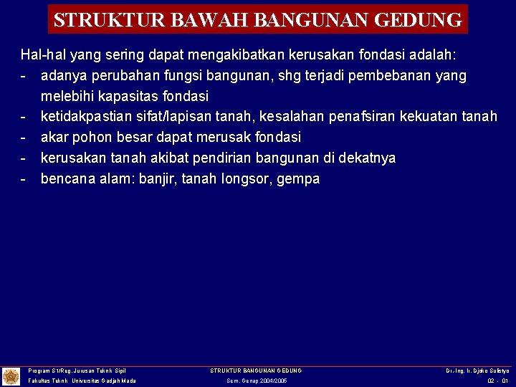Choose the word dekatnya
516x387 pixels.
pyautogui.click(x=368, y=158)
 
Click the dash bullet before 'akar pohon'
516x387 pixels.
pyautogui.click(x=24, y=138)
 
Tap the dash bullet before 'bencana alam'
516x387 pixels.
pyautogui.click(x=24, y=179)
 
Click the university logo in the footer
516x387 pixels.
pyautogui.click(x=11, y=376)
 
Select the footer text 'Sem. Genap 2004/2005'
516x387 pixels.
pyautogui.click(x=256, y=381)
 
